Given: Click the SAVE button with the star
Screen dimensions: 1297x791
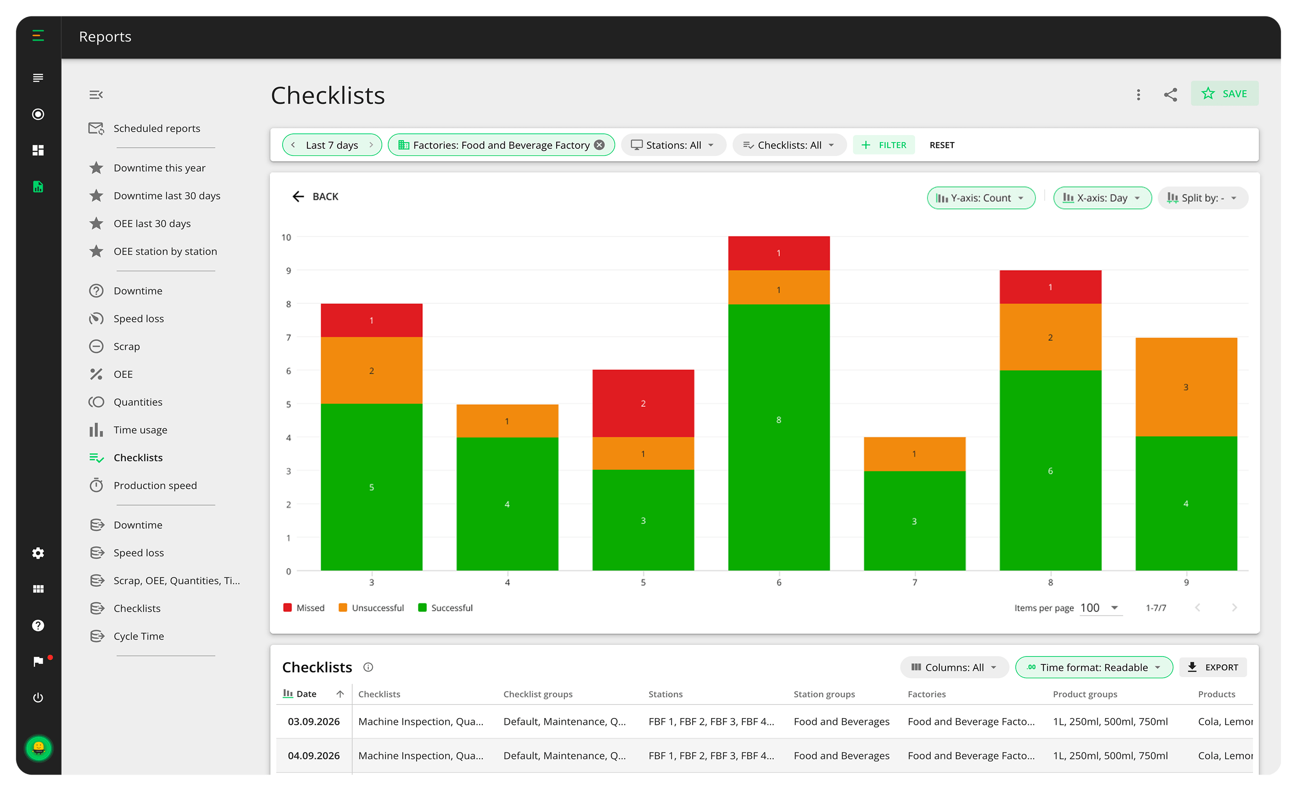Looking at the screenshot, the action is click(1224, 94).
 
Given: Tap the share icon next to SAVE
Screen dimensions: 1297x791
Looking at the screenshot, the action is click(1170, 95).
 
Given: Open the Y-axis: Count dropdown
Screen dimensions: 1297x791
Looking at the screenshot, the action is click(980, 198).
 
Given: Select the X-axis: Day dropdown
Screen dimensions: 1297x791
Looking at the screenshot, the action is click(1102, 198).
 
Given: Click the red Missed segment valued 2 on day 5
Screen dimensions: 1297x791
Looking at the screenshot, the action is click(643, 403).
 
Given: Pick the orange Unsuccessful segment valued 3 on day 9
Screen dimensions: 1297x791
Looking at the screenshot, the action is click(1186, 387).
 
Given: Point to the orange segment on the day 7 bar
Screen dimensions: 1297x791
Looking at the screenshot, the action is click(914, 453).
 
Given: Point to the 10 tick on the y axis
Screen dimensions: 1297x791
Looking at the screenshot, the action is click(286, 238).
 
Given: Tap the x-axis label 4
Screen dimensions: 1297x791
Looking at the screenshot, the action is click(507, 583).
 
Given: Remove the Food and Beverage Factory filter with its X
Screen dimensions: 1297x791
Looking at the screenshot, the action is click(599, 145).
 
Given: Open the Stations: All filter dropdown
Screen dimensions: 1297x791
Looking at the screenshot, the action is click(673, 145).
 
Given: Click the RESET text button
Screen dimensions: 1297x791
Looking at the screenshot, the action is click(941, 145).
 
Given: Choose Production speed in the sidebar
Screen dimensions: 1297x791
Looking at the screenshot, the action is click(155, 485).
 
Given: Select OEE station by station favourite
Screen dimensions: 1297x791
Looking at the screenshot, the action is click(165, 251).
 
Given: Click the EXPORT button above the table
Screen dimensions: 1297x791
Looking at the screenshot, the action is click(1213, 667).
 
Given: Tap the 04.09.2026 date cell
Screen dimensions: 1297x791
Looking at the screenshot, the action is click(313, 756).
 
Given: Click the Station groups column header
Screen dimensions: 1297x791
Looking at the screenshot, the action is click(824, 694).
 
